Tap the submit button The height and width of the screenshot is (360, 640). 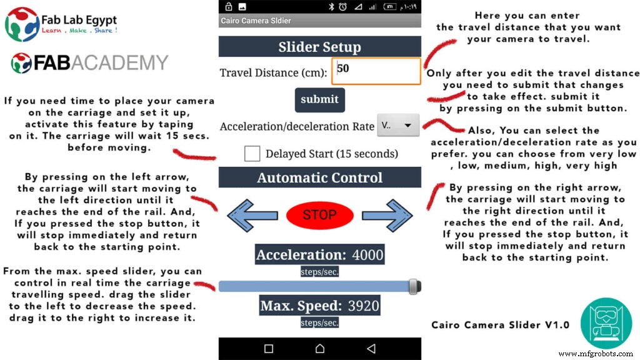(x=319, y=99)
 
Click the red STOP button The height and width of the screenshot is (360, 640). (x=319, y=215)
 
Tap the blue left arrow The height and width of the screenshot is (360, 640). (x=248, y=215)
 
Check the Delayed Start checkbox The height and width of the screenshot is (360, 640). (x=252, y=154)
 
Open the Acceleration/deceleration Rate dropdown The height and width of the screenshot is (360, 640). (x=397, y=126)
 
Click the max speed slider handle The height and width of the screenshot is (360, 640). (x=413, y=286)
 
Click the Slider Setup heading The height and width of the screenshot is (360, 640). (x=319, y=47)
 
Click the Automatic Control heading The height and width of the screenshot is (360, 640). (x=319, y=177)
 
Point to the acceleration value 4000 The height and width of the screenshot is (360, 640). (x=367, y=254)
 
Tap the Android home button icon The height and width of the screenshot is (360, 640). (x=320, y=349)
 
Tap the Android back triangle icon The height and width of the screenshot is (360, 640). (x=371, y=349)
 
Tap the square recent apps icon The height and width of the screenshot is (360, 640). (x=269, y=349)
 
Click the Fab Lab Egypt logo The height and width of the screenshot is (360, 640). (x=61, y=24)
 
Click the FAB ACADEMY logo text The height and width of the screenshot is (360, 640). (x=90, y=63)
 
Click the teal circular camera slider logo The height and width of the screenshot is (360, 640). (x=606, y=323)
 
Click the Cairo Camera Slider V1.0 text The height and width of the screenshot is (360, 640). (x=500, y=325)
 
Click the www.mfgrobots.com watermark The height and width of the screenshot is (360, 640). (x=597, y=354)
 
